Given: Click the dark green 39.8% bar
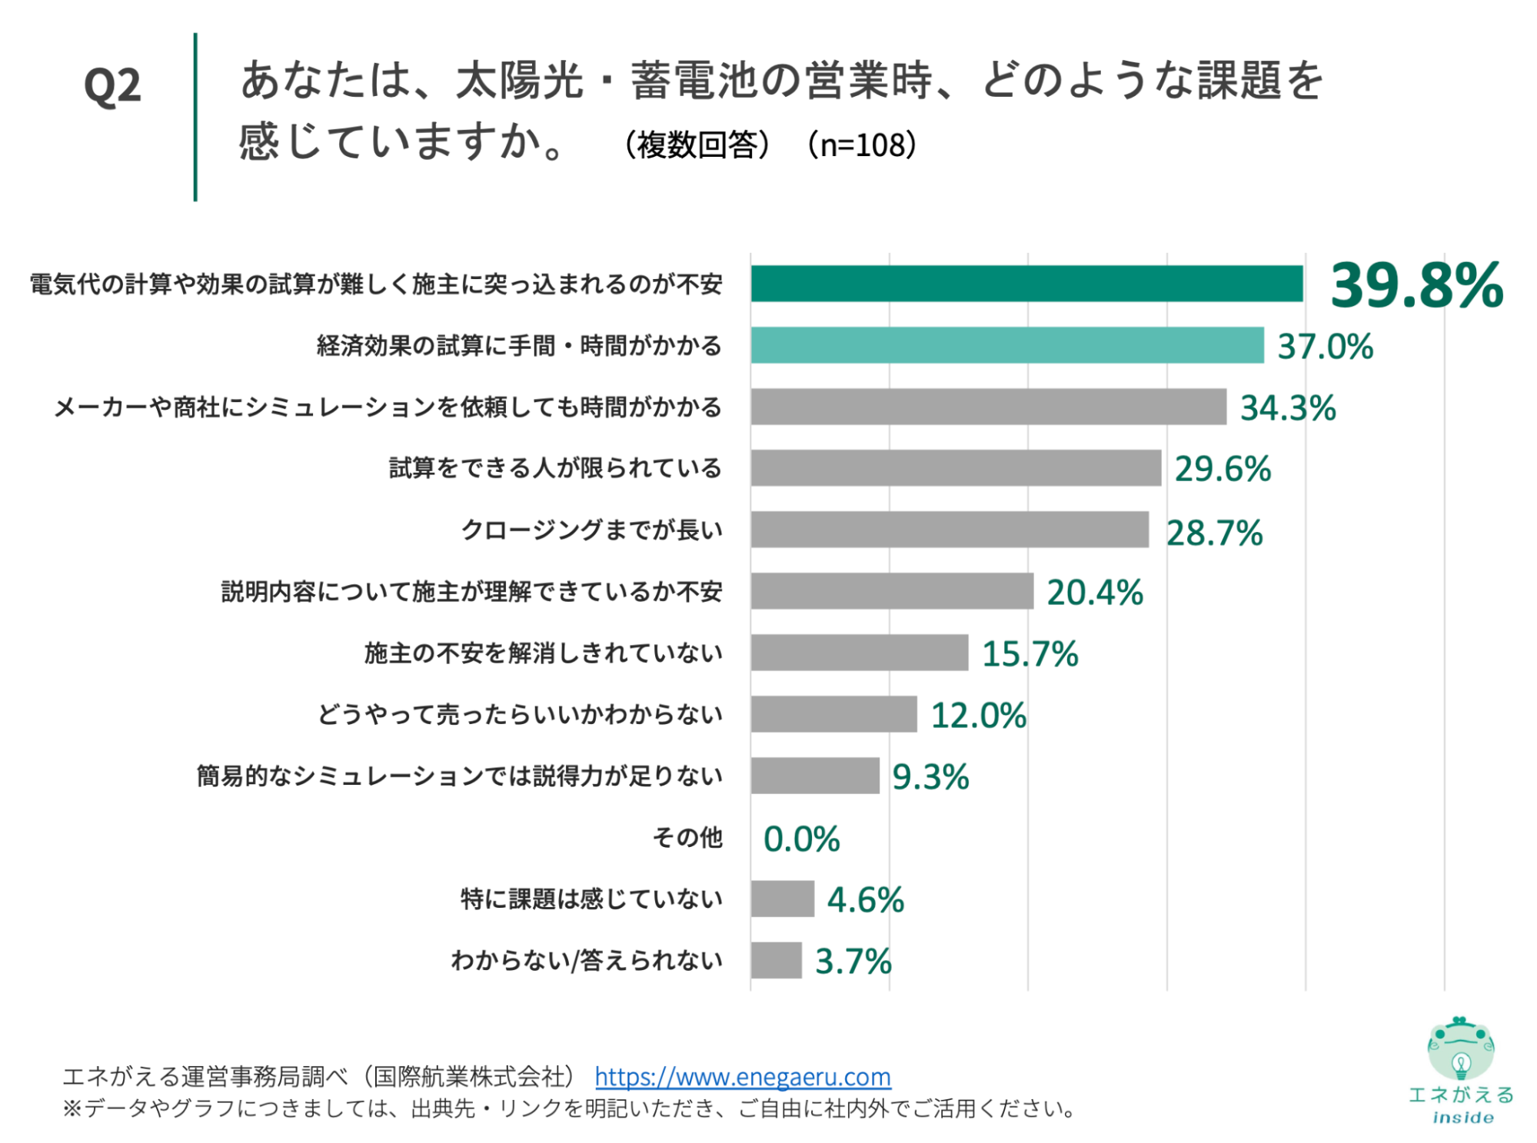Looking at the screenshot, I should [x=1026, y=284].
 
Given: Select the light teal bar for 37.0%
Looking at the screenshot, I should [x=1007, y=345].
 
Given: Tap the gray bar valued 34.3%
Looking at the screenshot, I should [x=988, y=407].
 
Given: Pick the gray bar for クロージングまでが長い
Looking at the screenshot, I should [x=950, y=530].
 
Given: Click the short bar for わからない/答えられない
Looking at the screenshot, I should [x=776, y=960].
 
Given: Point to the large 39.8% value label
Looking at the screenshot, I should [x=1416, y=285].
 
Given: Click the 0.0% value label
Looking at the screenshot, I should [x=801, y=839].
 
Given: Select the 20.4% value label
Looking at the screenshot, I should [x=1095, y=593].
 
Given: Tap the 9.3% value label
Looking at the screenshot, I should [x=930, y=777].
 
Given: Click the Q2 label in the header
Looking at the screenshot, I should [x=112, y=85].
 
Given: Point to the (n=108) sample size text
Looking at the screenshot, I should [x=862, y=145].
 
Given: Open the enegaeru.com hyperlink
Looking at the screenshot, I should [x=743, y=1077].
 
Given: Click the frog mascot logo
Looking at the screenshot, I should [x=1460, y=1049].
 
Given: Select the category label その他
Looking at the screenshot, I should [x=687, y=837].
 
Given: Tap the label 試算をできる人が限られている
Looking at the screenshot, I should [x=555, y=468].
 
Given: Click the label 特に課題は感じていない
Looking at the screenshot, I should [x=591, y=899].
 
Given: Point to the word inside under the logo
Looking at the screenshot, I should [x=1462, y=1118].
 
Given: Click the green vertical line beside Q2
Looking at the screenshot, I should [x=195, y=117].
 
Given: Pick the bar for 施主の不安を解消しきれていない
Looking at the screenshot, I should [x=859, y=653].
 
